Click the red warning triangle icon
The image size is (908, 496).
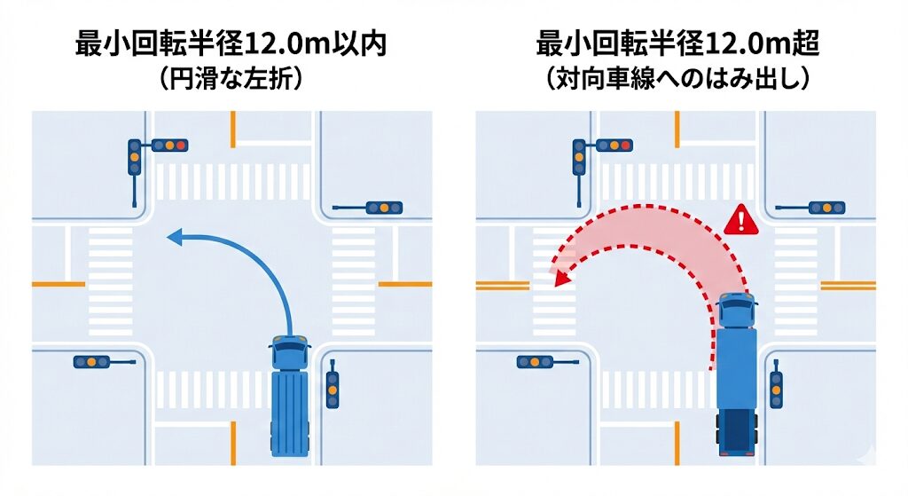pyautogui.click(x=737, y=220)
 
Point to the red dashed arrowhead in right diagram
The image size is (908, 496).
pyautogui.click(x=559, y=279)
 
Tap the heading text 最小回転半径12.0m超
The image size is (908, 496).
pyautogui.click(x=677, y=44)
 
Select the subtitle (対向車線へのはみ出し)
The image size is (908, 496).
pyautogui.click(x=677, y=80)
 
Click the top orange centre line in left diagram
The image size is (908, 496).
pyautogui.click(x=232, y=129)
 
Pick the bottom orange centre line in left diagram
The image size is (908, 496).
pyautogui.click(x=232, y=442)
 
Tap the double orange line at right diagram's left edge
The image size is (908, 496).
pyautogui.click(x=503, y=285)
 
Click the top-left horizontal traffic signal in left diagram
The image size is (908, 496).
pyautogui.click(x=168, y=145)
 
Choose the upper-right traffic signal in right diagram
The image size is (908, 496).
pyautogui.click(x=826, y=208)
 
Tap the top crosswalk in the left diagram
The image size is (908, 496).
pyautogui.click(x=232, y=182)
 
